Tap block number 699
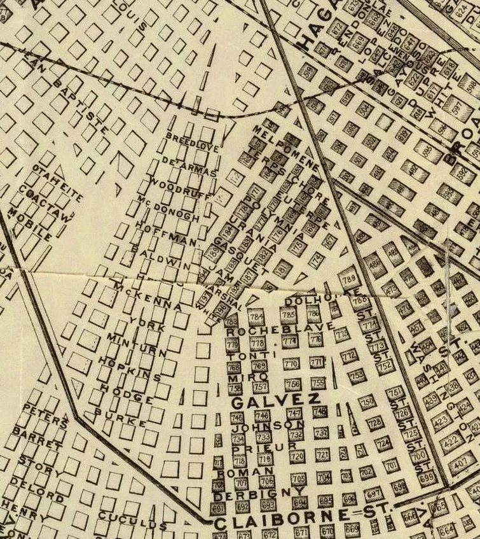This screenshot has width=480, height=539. [427, 476]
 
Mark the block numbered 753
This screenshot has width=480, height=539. [357, 376]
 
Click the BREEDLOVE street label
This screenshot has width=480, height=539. [192, 143]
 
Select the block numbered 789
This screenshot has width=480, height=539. [347, 279]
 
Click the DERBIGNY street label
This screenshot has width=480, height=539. [249, 493]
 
